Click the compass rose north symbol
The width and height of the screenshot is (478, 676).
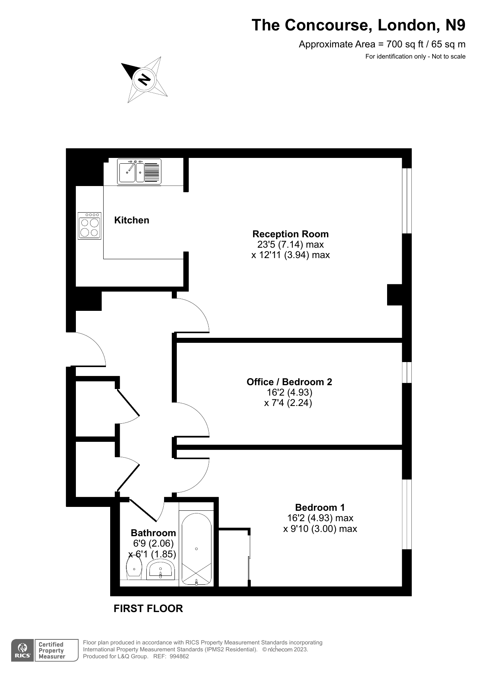tap(144, 79)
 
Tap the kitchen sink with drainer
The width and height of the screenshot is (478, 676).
tap(139, 172)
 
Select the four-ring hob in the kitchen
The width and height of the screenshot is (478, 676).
tap(89, 226)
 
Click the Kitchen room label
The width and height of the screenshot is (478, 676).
tap(132, 220)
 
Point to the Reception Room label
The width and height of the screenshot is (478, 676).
tap(290, 234)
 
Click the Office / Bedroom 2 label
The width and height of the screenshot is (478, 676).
tap(289, 382)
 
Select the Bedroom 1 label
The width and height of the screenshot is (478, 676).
tap(320, 507)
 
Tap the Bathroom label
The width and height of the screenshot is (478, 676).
tap(153, 533)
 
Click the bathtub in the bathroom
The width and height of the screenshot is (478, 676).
tap(196, 549)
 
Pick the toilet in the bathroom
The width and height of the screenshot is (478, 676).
tap(134, 568)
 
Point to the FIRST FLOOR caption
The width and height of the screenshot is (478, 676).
tap(148, 609)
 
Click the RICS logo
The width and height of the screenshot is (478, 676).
tap(22, 650)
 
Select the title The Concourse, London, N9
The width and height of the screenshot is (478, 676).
tap(359, 25)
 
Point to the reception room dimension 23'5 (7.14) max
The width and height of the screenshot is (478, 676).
tap(290, 244)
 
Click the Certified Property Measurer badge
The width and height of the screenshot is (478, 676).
tap(56, 650)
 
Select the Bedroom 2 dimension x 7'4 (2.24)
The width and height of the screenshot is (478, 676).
tap(288, 403)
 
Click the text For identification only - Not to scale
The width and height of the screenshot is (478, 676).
tap(415, 57)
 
